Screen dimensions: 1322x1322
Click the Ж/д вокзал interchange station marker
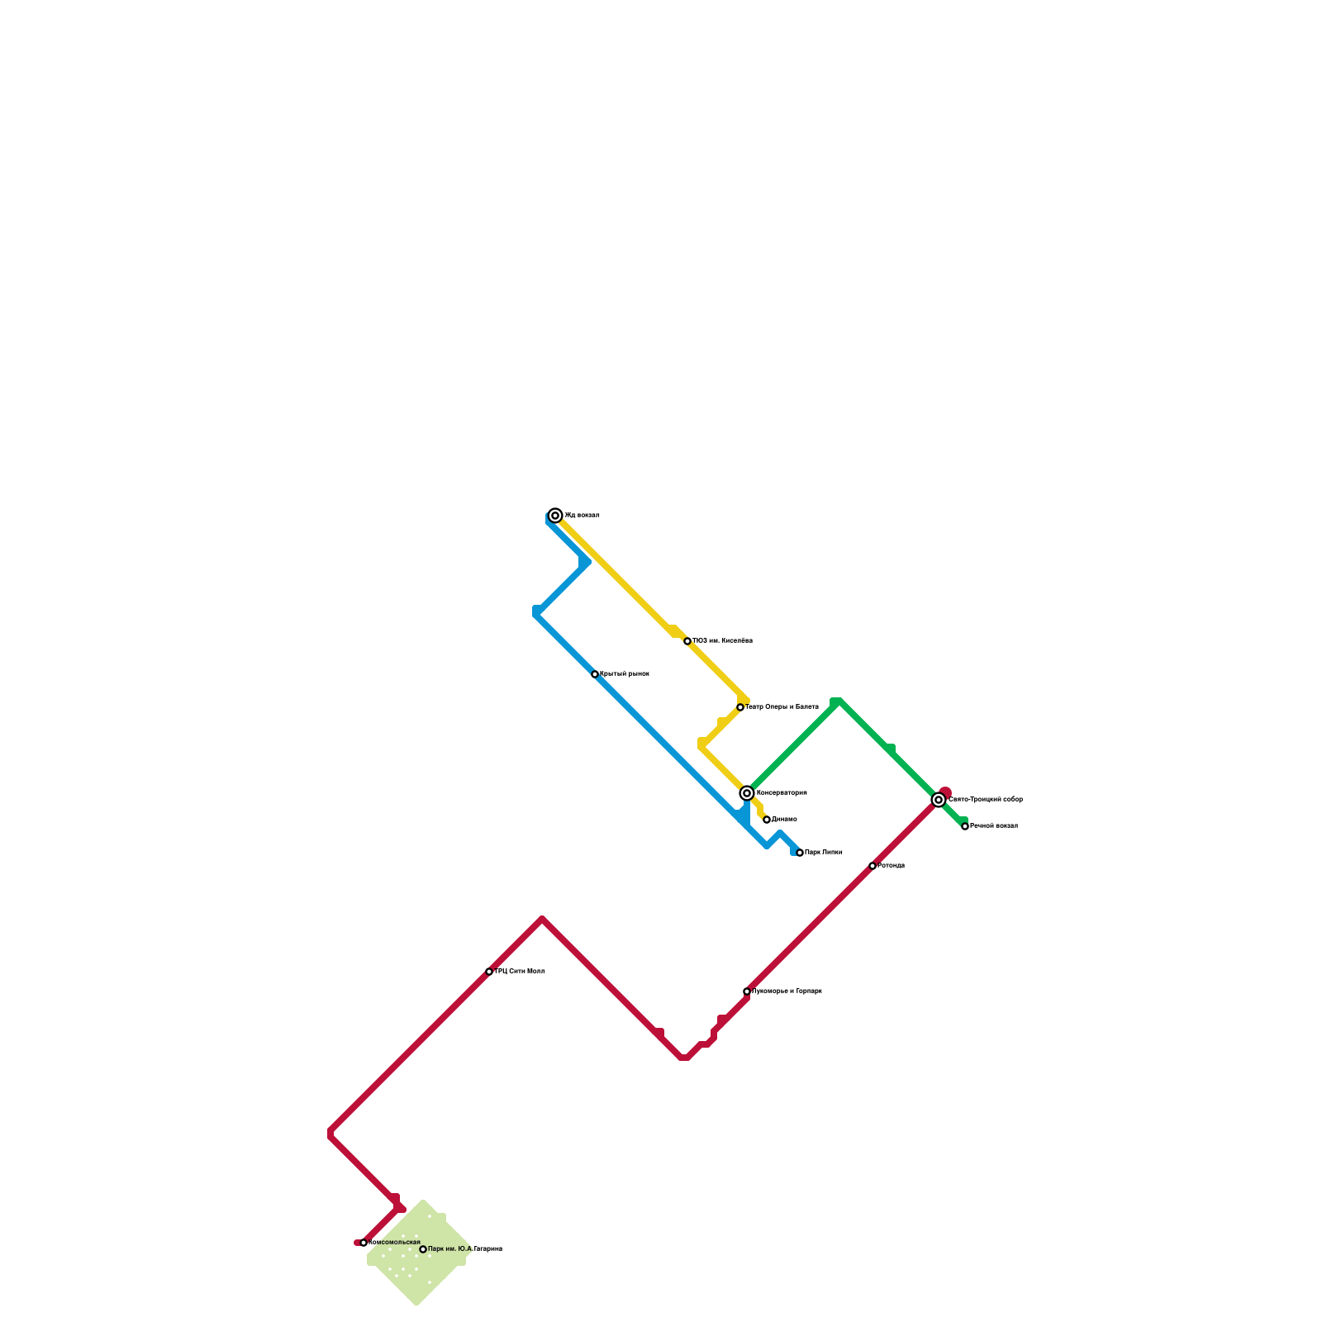click(x=556, y=516)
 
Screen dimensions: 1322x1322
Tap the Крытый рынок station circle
click(x=595, y=674)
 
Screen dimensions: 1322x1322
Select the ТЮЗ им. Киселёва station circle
click(x=687, y=641)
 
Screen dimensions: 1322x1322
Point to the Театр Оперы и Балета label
click(x=782, y=707)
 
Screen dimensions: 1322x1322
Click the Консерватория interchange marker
click(x=747, y=793)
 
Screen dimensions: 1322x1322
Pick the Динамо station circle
click(x=767, y=820)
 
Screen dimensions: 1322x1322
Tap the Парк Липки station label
click(x=824, y=853)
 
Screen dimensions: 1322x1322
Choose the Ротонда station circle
click(x=873, y=866)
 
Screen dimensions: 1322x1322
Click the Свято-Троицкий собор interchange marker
click(x=939, y=800)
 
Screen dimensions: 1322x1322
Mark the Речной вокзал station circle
click(x=965, y=826)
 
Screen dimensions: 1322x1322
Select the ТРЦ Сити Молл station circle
click(x=489, y=972)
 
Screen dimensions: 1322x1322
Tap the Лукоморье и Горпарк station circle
click(x=747, y=991)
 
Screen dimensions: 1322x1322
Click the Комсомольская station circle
click(x=364, y=1243)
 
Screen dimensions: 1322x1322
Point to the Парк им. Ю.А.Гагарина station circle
click(x=423, y=1249)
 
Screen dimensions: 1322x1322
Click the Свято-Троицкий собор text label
click(x=986, y=800)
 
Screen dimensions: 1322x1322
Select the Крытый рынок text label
click(x=625, y=674)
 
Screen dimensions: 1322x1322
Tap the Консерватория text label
click(x=782, y=793)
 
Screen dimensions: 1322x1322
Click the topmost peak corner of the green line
click(x=837, y=701)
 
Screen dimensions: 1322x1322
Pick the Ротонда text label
click(x=892, y=866)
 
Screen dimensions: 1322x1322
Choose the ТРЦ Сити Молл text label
click(x=520, y=972)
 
